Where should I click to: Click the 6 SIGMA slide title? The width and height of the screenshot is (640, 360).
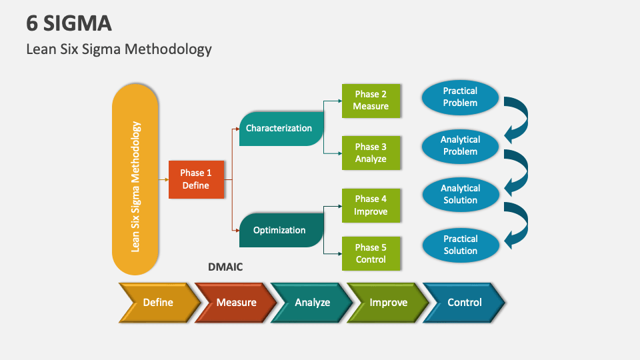tap(69, 23)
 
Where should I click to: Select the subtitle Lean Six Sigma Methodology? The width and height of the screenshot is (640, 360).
tap(119, 49)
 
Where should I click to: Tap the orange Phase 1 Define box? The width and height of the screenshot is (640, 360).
tap(195, 179)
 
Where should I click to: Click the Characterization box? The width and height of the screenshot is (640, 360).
tap(280, 128)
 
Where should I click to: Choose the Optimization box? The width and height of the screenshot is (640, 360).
tap(280, 230)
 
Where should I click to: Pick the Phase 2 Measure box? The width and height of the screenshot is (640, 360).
tap(371, 101)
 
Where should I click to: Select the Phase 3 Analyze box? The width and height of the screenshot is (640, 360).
tap(371, 153)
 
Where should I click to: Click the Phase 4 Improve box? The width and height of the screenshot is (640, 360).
tap(371, 205)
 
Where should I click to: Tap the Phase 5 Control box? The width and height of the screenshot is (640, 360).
tap(371, 253)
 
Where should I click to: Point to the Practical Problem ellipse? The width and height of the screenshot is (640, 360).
tap(460, 97)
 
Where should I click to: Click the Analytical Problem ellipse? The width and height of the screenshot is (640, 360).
tap(460, 146)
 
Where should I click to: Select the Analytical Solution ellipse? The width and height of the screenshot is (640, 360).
tap(460, 194)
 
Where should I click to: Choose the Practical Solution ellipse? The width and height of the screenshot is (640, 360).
tap(460, 245)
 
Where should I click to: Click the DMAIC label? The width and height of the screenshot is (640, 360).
tap(225, 267)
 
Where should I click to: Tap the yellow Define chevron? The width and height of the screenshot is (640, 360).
tap(158, 303)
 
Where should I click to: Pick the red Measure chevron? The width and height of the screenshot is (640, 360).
tap(236, 303)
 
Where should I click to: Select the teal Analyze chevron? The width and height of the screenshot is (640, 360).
tap(312, 303)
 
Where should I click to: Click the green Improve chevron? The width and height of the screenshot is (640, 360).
tap(388, 303)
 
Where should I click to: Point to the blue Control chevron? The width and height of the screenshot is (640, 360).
tap(465, 303)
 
